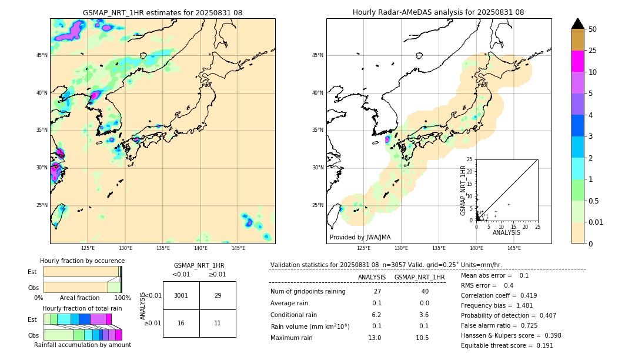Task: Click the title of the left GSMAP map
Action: pos(162,12)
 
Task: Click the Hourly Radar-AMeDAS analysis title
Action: pos(438,12)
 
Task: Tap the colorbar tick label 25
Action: pos(593,51)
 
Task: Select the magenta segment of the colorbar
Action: pos(577,61)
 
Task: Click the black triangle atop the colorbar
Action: pos(577,24)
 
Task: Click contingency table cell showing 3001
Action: pos(181,295)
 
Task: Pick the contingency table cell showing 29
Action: pos(218,295)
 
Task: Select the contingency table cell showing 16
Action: pos(181,323)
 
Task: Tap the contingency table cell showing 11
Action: pos(218,323)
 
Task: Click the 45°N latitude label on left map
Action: pos(42,55)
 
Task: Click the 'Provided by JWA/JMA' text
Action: pos(360,237)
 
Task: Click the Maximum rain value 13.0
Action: pos(375,338)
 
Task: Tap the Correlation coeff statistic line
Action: pos(499,295)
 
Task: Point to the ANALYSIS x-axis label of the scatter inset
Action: pos(506,232)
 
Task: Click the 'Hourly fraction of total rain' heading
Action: pos(82,308)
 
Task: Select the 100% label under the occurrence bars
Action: pos(122,298)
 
